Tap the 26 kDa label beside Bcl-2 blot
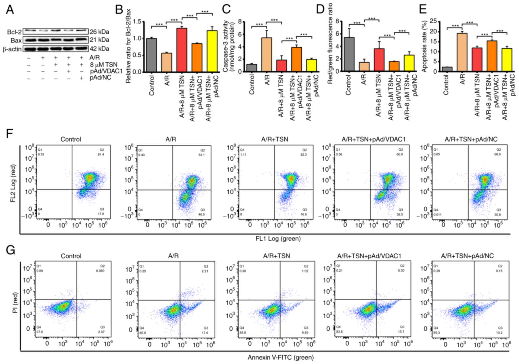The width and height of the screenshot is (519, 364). tap(99, 32)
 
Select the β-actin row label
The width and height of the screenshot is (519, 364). tap(12, 49)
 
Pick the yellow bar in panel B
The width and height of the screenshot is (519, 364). tap(212, 51)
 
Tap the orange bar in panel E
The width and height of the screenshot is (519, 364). tap(492, 56)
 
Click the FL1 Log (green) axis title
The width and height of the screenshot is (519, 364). tap(278, 239)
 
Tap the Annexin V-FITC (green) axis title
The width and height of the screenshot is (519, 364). tap(280, 357)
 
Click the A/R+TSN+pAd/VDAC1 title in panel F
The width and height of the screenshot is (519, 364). tap(373, 139)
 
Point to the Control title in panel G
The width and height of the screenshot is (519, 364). tap(71, 256)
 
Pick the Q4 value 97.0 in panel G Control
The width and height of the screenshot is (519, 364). tap(40, 332)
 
